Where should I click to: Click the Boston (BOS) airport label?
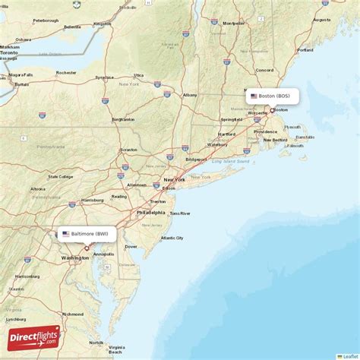[273, 96]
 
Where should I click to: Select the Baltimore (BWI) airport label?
[87, 234]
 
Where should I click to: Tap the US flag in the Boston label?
[254, 96]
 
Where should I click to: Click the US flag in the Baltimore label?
[66, 234]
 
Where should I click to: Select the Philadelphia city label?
[150, 213]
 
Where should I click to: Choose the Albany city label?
[190, 95]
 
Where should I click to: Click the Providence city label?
[266, 131]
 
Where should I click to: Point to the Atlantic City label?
[172, 238]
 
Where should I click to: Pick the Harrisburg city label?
[93, 200]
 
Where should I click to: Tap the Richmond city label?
[73, 314]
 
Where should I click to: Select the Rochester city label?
[66, 73]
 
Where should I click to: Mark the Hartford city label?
[226, 134]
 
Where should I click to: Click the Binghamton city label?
[123, 119]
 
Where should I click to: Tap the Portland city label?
[305, 50]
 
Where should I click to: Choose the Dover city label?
[131, 246]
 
